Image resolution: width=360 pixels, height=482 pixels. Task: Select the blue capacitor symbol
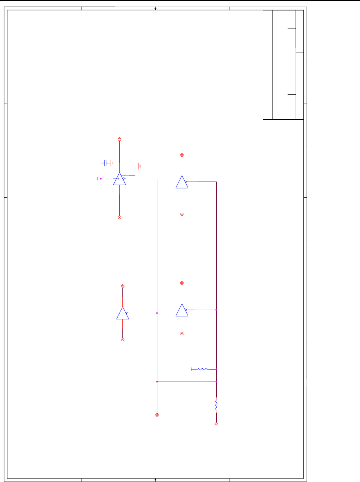point(106,163)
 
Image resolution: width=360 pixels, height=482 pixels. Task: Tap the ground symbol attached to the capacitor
point(112,163)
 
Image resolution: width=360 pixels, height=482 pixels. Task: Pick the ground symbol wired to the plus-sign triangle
point(139,166)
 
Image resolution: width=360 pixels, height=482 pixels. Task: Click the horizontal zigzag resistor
point(202,369)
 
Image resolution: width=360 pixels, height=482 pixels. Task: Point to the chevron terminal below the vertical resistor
point(216,424)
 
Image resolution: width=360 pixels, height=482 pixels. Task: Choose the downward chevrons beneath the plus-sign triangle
point(119,217)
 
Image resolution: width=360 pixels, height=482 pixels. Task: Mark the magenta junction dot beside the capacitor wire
point(101,179)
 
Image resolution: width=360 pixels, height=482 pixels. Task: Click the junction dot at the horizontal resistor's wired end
point(216,369)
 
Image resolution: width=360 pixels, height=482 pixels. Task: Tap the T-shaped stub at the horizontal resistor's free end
point(191,369)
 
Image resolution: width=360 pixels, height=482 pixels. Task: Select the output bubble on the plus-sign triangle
point(124,179)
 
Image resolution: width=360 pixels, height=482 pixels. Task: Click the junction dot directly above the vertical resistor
point(216,382)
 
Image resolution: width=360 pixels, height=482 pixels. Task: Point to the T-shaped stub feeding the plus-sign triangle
point(98,179)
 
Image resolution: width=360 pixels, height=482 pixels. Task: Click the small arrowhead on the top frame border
point(155,8)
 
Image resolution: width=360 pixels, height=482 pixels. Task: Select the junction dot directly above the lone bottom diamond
point(157,382)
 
